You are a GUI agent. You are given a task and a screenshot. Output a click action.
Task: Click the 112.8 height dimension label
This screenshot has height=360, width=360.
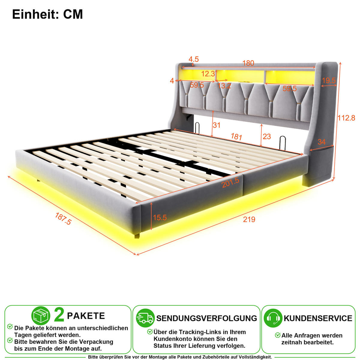[x=346, y=118]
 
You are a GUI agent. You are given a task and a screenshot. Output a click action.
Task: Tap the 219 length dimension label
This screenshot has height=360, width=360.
[x=249, y=219]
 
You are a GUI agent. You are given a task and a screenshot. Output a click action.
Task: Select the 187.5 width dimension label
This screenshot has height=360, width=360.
[x=63, y=219]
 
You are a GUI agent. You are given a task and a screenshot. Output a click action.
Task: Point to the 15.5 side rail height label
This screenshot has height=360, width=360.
[x=160, y=217]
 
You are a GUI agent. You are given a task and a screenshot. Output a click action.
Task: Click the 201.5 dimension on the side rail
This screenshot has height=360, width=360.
[x=230, y=182]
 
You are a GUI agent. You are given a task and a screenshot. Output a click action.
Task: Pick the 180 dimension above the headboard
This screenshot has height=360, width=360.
[x=248, y=63]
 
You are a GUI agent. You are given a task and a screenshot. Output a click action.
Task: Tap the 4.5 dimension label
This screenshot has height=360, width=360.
[x=193, y=59]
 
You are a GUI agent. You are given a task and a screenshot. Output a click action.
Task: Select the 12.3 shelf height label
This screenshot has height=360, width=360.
[x=208, y=74]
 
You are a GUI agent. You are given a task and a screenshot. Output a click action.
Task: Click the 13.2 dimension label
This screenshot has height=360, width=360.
[x=224, y=86]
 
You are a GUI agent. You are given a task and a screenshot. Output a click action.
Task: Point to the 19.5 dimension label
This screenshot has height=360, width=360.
[x=329, y=80]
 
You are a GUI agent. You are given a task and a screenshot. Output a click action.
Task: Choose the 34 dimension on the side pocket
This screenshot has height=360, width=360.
[x=322, y=142]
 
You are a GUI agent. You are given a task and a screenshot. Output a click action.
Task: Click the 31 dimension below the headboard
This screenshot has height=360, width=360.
[x=217, y=125]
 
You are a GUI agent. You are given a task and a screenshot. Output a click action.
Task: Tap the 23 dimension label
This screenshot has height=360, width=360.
[x=267, y=136]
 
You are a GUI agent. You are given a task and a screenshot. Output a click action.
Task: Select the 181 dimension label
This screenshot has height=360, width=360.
[x=236, y=136]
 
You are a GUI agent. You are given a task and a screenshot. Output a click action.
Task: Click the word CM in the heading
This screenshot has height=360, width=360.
[x=73, y=14]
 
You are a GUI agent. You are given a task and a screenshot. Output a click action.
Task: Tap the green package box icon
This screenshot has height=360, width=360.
[x=41, y=316]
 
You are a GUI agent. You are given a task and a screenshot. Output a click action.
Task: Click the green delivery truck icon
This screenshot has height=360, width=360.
[x=145, y=318]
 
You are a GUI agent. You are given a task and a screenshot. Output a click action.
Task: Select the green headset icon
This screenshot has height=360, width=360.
[x=273, y=318]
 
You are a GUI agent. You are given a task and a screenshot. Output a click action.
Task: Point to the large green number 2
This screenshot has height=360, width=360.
[x=59, y=315]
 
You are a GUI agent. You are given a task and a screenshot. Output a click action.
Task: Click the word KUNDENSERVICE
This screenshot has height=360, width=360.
[x=318, y=318]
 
